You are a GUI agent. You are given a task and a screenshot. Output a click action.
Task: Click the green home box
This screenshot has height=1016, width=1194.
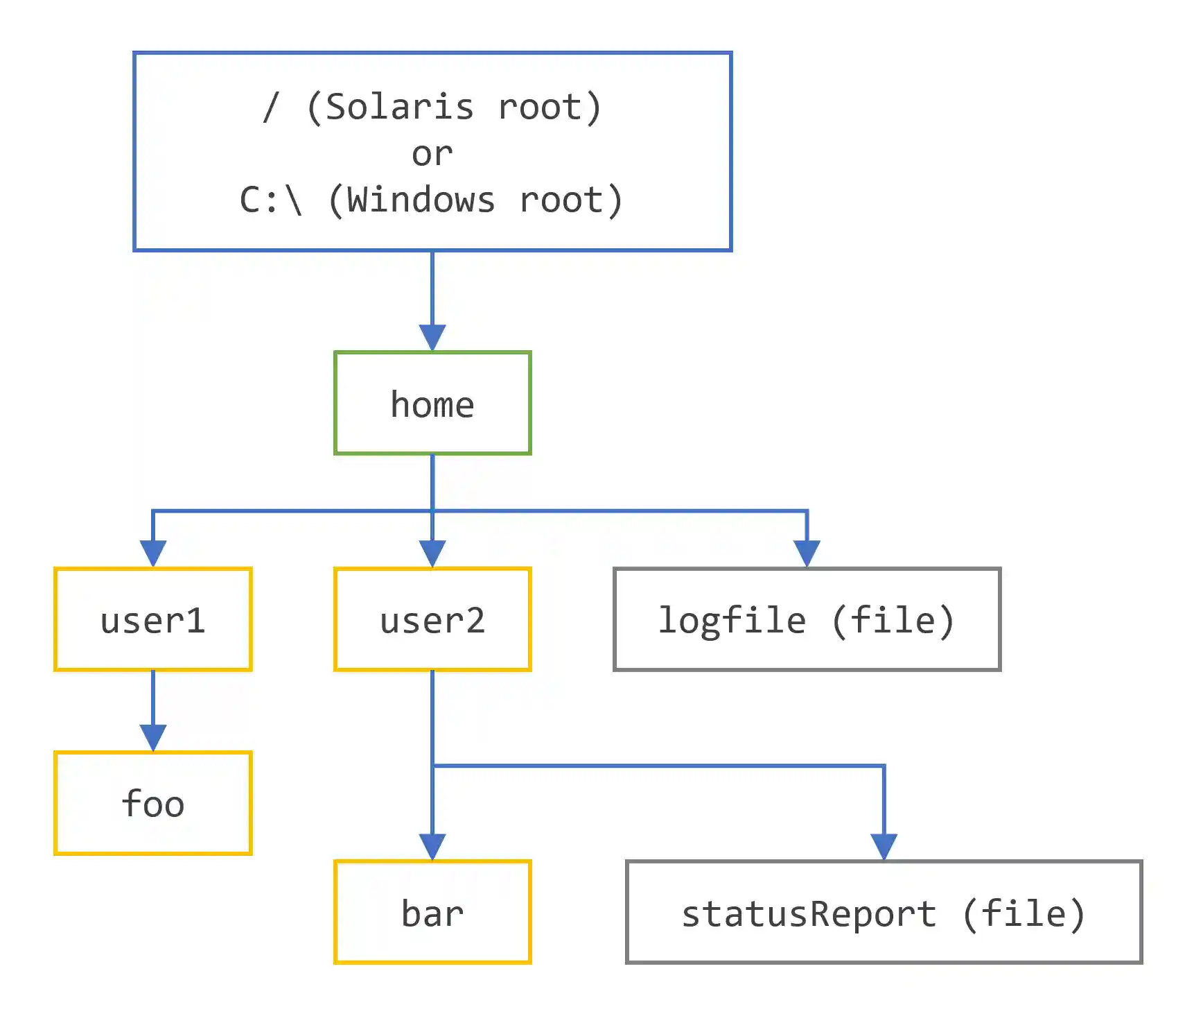[x=432, y=403]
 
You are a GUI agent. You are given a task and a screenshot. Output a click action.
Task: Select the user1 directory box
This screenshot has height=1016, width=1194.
[x=152, y=619]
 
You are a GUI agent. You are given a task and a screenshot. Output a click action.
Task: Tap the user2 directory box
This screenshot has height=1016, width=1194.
[x=432, y=619]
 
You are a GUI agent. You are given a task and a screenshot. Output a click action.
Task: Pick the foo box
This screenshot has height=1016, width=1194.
[x=152, y=803]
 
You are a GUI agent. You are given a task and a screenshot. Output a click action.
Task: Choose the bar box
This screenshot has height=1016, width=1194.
[x=432, y=912]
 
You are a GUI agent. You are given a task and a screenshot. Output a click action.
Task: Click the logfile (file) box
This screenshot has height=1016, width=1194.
[x=807, y=619]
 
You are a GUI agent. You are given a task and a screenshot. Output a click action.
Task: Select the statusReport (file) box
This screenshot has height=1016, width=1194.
[x=884, y=912]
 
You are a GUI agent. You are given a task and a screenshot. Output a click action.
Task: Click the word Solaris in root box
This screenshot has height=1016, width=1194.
[x=400, y=107]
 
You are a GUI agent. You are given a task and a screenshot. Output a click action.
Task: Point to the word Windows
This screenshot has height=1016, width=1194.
[x=421, y=200]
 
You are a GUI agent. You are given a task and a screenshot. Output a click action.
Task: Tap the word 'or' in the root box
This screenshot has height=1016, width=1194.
[x=432, y=154]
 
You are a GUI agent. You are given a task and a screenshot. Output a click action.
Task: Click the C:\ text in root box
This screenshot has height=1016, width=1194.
[x=271, y=200]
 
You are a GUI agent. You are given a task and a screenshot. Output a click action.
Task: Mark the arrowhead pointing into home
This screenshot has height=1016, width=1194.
[x=432, y=338]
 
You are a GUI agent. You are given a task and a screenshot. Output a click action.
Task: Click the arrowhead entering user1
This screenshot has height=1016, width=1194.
[x=152, y=553]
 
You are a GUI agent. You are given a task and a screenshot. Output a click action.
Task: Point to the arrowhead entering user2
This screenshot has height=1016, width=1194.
[x=432, y=553]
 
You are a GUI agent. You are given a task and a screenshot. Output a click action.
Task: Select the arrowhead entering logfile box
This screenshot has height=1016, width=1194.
[x=807, y=553]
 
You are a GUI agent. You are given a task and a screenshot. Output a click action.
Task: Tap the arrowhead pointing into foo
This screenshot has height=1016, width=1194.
[x=152, y=737]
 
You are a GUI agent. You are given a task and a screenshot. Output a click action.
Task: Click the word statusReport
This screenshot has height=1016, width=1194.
[x=809, y=913]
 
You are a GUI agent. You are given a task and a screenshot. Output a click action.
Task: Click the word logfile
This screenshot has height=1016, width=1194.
[x=732, y=620]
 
